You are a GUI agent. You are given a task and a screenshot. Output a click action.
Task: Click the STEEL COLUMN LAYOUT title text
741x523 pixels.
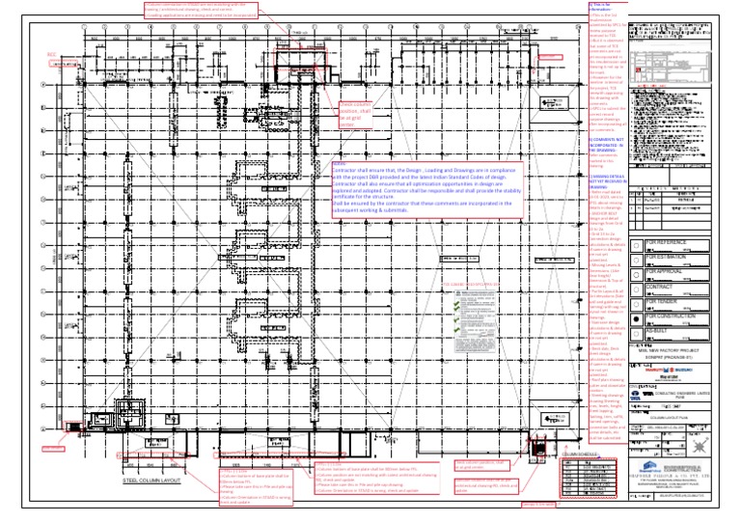152,479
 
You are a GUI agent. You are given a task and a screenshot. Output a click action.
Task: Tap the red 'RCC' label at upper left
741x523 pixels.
54,55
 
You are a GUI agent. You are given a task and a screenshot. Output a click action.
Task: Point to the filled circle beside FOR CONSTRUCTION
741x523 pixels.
638,317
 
